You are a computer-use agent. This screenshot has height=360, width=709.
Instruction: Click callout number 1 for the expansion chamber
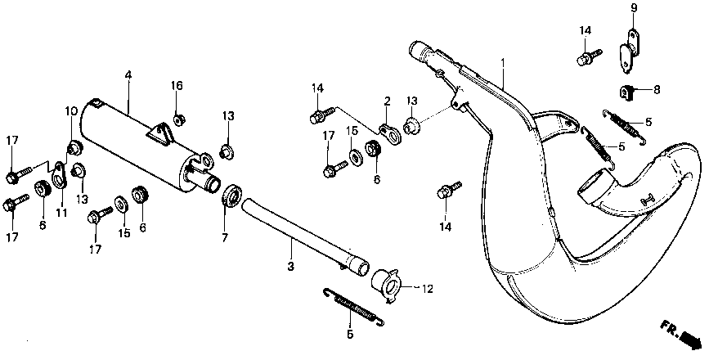pyautogui.click(x=503, y=62)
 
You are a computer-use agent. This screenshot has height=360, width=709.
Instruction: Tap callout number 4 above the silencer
pyautogui.click(x=128, y=75)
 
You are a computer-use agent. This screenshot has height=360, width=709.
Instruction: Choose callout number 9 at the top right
pyautogui.click(x=633, y=8)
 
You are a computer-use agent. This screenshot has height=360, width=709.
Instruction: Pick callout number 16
pyautogui.click(x=177, y=85)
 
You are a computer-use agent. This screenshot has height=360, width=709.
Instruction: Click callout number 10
pyautogui.click(x=71, y=110)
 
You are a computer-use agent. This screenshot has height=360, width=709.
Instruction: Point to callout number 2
pyautogui.click(x=388, y=101)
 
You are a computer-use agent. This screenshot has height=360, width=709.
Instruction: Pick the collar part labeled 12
pyautogui.click(x=388, y=284)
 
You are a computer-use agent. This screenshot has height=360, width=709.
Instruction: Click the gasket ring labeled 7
pyautogui.click(x=231, y=197)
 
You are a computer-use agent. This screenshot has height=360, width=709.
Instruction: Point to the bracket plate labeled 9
pyautogui.click(x=630, y=49)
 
